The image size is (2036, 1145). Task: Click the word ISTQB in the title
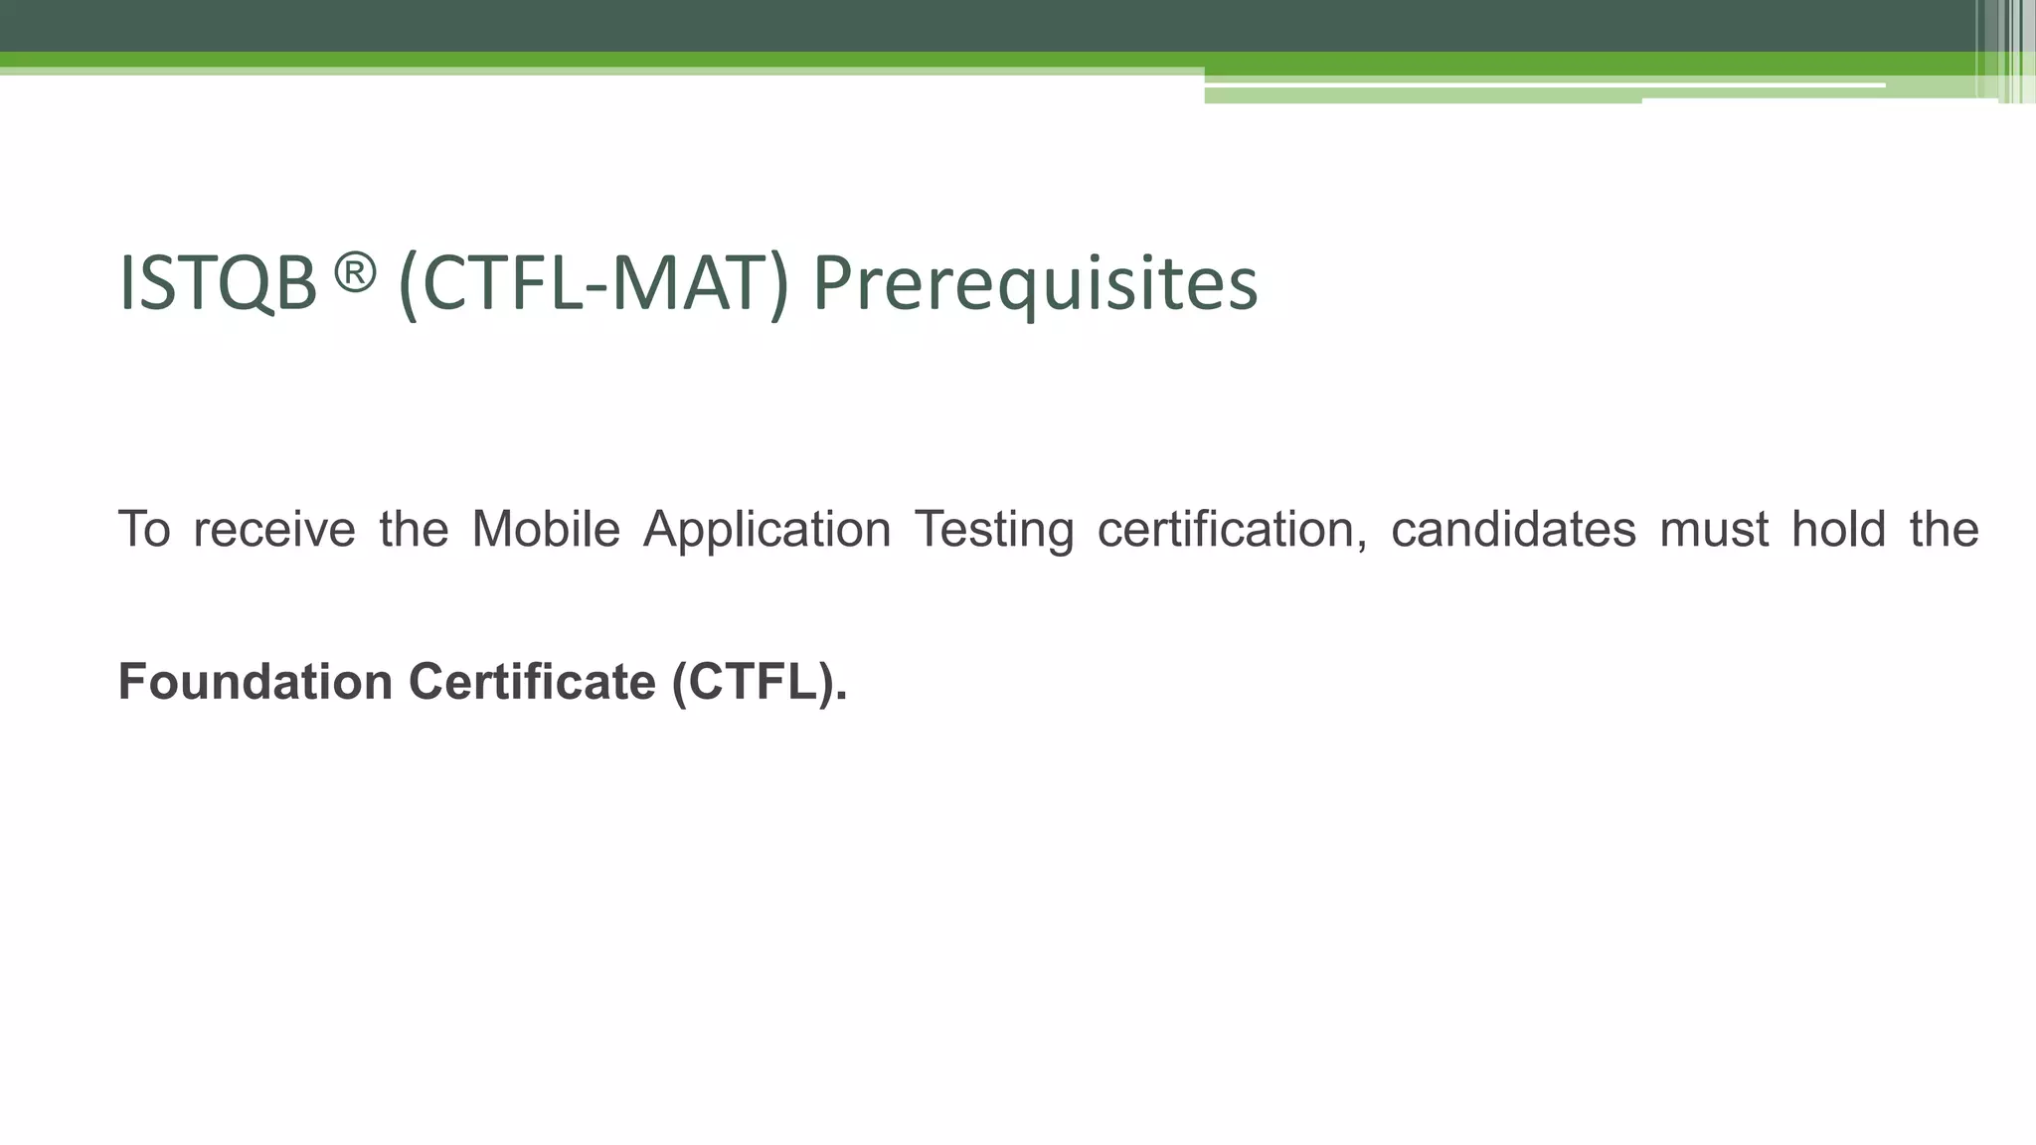(x=217, y=284)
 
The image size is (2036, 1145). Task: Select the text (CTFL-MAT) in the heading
(x=593, y=284)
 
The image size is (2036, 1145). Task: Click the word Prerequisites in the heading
(x=1035, y=284)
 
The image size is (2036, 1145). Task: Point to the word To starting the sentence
(x=144, y=529)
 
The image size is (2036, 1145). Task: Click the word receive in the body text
(x=274, y=529)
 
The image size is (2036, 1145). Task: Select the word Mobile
(x=546, y=529)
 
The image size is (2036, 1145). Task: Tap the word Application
(x=766, y=529)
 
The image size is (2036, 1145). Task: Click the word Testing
(x=993, y=529)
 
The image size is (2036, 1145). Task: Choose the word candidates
(x=1513, y=529)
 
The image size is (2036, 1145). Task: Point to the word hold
(x=1838, y=529)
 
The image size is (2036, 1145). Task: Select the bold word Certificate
(x=532, y=682)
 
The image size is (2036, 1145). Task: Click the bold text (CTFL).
(x=760, y=682)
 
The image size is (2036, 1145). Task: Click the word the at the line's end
(x=1944, y=529)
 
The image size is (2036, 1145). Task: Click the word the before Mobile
(x=414, y=529)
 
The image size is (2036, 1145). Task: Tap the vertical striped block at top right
(x=2008, y=50)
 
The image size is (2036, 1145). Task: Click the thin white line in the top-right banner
(x=1541, y=84)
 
